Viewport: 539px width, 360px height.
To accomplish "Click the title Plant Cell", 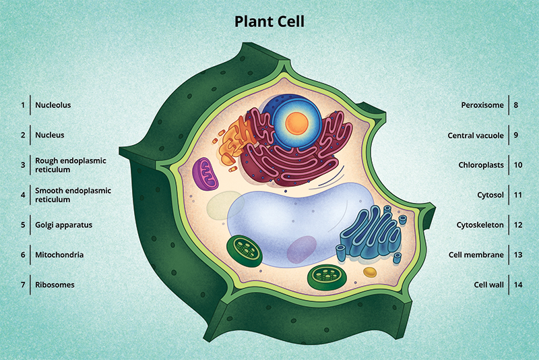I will click(269, 22).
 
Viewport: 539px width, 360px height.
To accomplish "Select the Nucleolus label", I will click(53, 105).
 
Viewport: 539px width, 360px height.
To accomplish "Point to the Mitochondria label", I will click(59, 255).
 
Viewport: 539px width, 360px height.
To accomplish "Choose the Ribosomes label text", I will click(55, 284).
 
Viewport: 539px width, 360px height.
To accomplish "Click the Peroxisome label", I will click(482, 105).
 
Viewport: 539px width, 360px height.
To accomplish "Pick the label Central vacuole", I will click(476, 136).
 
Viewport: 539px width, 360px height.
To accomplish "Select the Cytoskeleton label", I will click(480, 225).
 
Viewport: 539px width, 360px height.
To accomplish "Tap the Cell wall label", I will click(488, 284).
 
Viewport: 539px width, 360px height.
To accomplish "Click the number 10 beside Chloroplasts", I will click(517, 165).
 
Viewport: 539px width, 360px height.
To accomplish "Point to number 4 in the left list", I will click(22, 195).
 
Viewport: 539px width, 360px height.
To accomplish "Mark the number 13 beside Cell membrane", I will click(517, 255).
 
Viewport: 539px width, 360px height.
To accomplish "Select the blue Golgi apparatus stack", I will click(368, 236).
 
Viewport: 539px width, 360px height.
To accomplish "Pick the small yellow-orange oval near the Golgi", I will click(369, 272).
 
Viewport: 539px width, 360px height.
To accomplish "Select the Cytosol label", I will click(490, 195).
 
